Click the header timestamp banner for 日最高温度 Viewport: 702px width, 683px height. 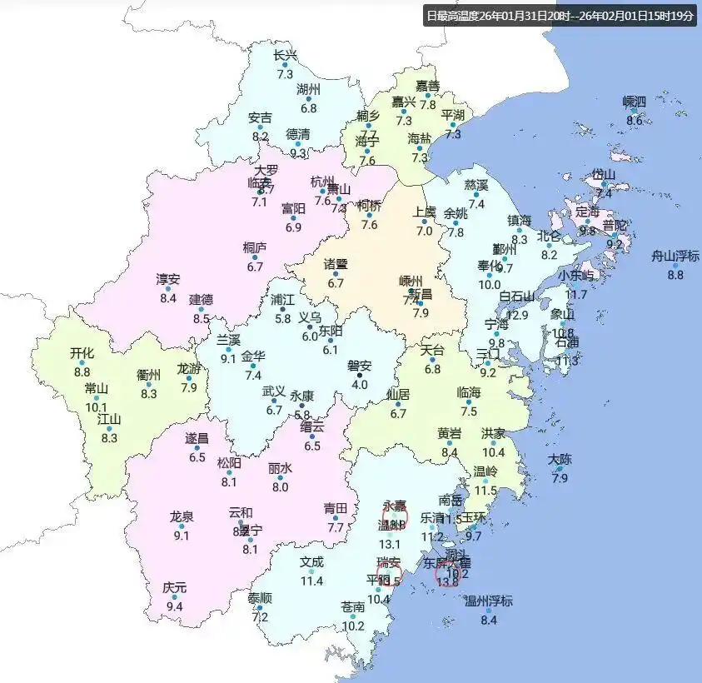click(559, 15)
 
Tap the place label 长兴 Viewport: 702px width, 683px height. click(285, 55)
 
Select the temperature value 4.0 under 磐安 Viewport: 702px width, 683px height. click(360, 385)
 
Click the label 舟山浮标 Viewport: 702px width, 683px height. click(675, 256)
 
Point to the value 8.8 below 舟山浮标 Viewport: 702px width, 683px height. click(675, 275)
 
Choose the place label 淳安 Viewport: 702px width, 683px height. click(167, 279)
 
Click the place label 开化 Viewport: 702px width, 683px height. click(82, 352)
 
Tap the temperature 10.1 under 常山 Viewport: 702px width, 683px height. click(97, 407)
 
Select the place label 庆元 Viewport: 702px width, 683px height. click(174, 587)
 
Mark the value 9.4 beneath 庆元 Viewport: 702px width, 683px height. click(174, 606)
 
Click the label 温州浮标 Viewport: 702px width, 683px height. click(488, 601)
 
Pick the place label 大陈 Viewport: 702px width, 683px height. click(560, 459)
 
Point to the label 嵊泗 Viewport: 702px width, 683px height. click(634, 102)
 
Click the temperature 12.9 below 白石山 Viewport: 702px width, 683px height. click(518, 315)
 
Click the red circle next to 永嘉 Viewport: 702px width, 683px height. click(397, 517)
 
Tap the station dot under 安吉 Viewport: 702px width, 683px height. click(260, 127)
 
